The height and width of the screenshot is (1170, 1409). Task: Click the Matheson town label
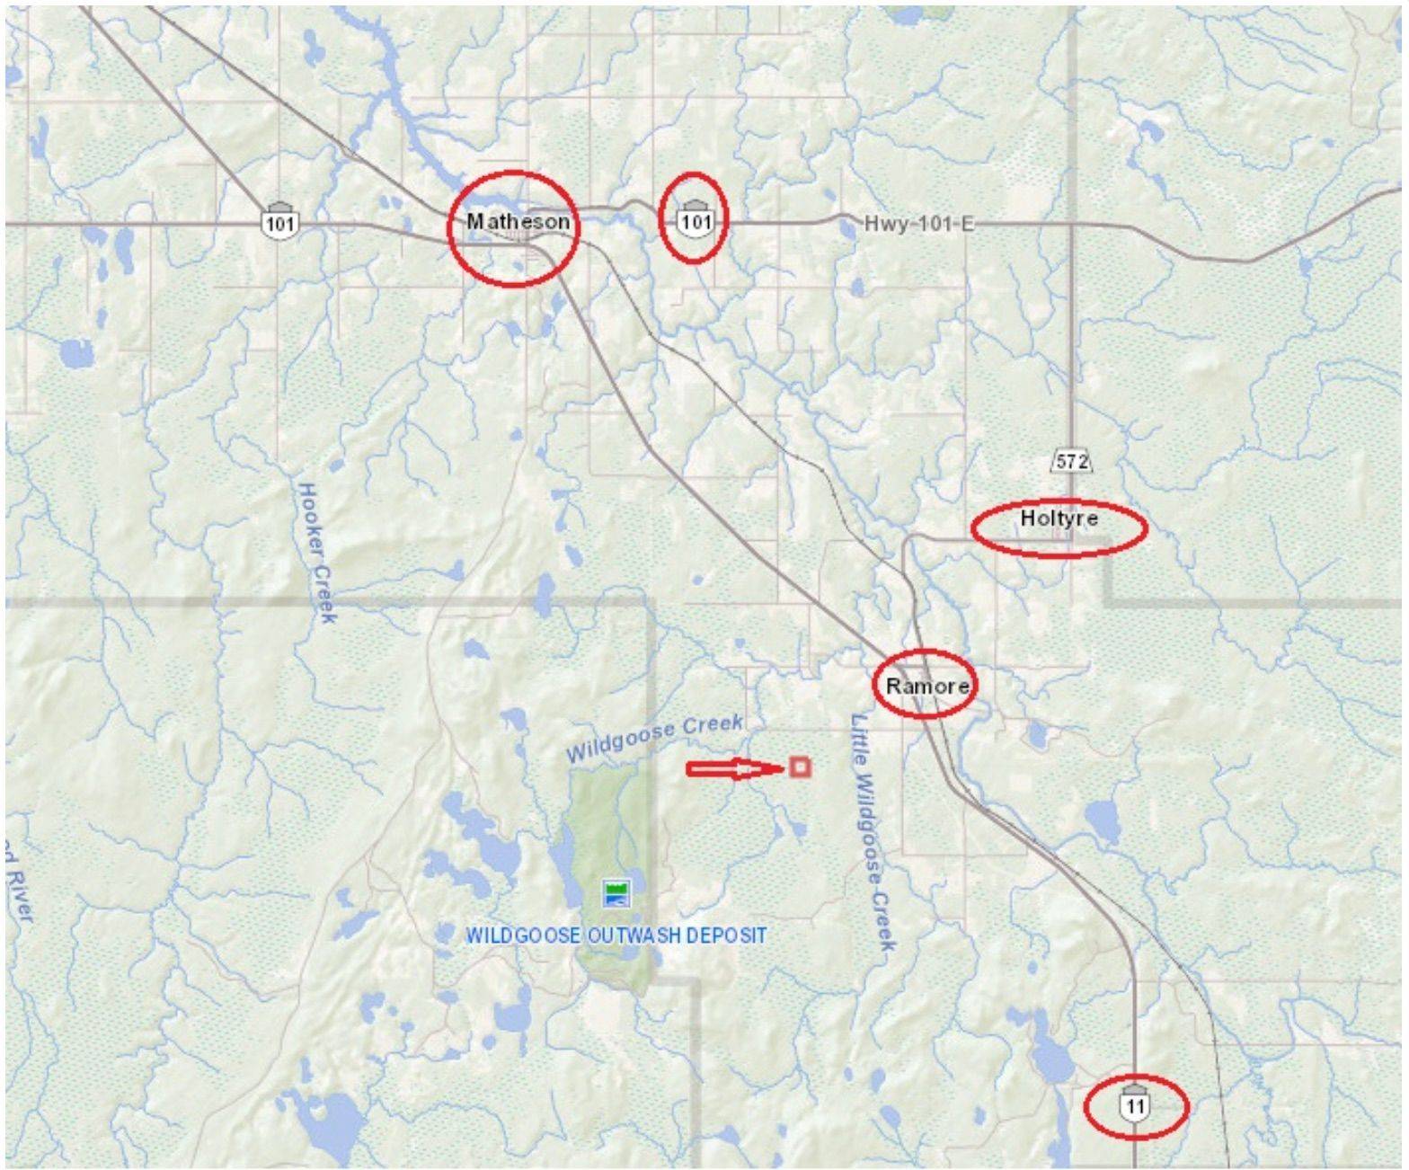click(518, 221)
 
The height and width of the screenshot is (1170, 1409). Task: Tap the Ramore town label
click(927, 687)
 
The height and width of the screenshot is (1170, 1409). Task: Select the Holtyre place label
click(1059, 519)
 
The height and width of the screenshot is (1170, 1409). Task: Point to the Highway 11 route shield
click(1135, 1104)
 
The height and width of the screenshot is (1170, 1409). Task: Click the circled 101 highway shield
click(696, 220)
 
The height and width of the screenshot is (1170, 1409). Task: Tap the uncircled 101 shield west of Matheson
click(280, 222)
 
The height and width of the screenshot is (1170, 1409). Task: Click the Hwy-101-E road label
click(918, 223)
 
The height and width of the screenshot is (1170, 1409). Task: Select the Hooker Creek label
click(316, 552)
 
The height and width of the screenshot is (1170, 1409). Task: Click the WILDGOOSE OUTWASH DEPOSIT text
click(616, 935)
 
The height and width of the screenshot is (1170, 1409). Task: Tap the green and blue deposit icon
click(616, 893)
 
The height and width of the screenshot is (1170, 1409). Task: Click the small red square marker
click(800, 767)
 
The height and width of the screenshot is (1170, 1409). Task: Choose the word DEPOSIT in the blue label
click(726, 935)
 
